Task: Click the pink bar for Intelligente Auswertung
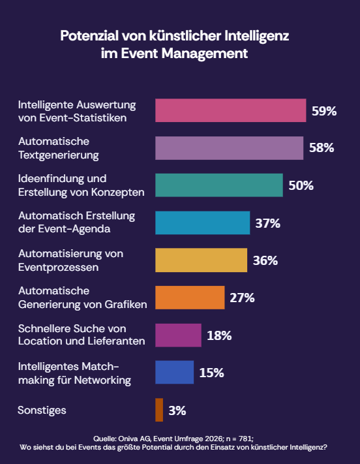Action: [x=230, y=110]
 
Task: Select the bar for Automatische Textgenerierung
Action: [x=229, y=148]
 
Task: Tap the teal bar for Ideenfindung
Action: [x=218, y=185]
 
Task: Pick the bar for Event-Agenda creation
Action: [x=202, y=223]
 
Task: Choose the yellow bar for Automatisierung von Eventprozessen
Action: [x=201, y=260]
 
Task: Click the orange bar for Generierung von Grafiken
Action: [x=190, y=298]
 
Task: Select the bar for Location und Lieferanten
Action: [x=178, y=335]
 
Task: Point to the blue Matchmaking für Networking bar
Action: [x=174, y=372]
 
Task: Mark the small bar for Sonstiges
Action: [x=159, y=410]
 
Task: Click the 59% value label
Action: [x=324, y=111]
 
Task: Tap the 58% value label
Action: [x=322, y=148]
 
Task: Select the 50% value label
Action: [x=301, y=185]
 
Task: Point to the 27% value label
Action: [x=242, y=298]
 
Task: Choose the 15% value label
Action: [x=212, y=373]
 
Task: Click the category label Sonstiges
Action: [x=42, y=410]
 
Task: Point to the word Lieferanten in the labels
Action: [x=117, y=341]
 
